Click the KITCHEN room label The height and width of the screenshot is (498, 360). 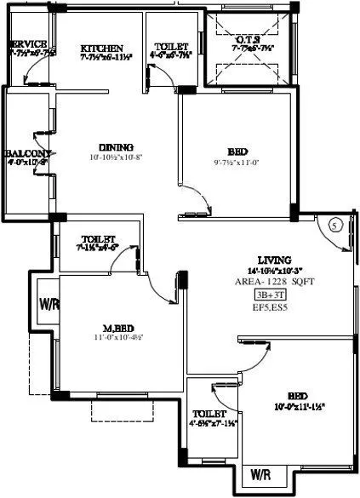[x=102, y=48]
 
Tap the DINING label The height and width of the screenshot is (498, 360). [x=111, y=146]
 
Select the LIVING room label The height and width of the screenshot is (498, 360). [x=275, y=260]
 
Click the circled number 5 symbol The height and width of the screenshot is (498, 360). [x=334, y=225]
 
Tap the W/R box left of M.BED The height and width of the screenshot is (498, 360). [x=48, y=304]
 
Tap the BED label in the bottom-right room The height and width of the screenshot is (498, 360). [x=297, y=396]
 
